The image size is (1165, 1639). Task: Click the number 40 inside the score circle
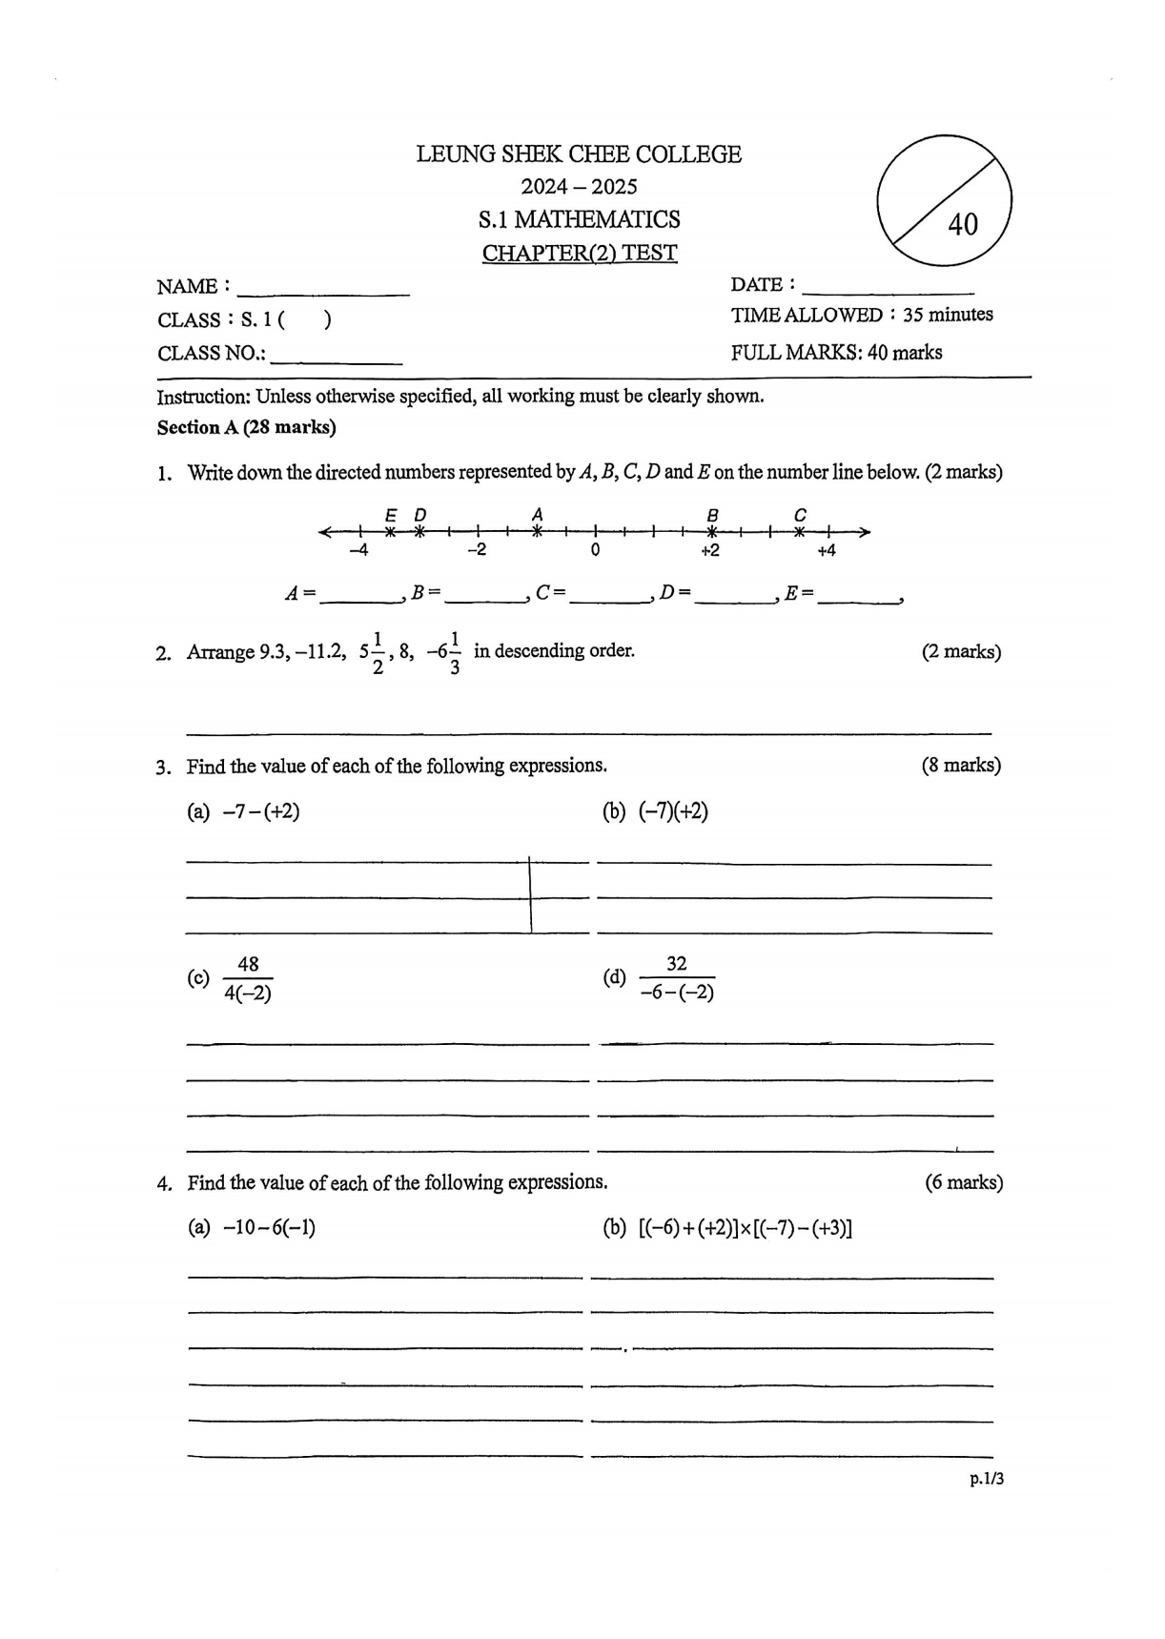963,224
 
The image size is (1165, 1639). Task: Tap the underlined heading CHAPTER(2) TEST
580,254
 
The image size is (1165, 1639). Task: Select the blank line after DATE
889,288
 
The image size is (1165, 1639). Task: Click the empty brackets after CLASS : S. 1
305,320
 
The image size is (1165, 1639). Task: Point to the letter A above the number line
537,514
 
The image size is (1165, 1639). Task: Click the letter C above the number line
800,515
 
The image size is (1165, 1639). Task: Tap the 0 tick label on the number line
595,550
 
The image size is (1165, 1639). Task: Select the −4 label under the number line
358,550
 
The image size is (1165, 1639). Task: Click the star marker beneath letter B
711,532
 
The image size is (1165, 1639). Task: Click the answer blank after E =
858,597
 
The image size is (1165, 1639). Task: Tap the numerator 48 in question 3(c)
248,964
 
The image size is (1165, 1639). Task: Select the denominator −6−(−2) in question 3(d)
677,993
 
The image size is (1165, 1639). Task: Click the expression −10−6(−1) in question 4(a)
269,1227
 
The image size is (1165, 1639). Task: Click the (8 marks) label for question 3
961,765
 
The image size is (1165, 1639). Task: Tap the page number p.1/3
987,1479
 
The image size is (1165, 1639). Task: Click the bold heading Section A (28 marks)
246,427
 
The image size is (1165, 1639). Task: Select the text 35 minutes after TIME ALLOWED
948,315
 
